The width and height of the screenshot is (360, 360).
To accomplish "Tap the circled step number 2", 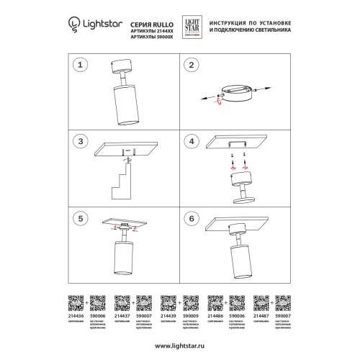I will tap(191, 66).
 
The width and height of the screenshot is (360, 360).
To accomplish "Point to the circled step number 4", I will tap(191, 142).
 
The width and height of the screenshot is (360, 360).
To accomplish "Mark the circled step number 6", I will tap(191, 217).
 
